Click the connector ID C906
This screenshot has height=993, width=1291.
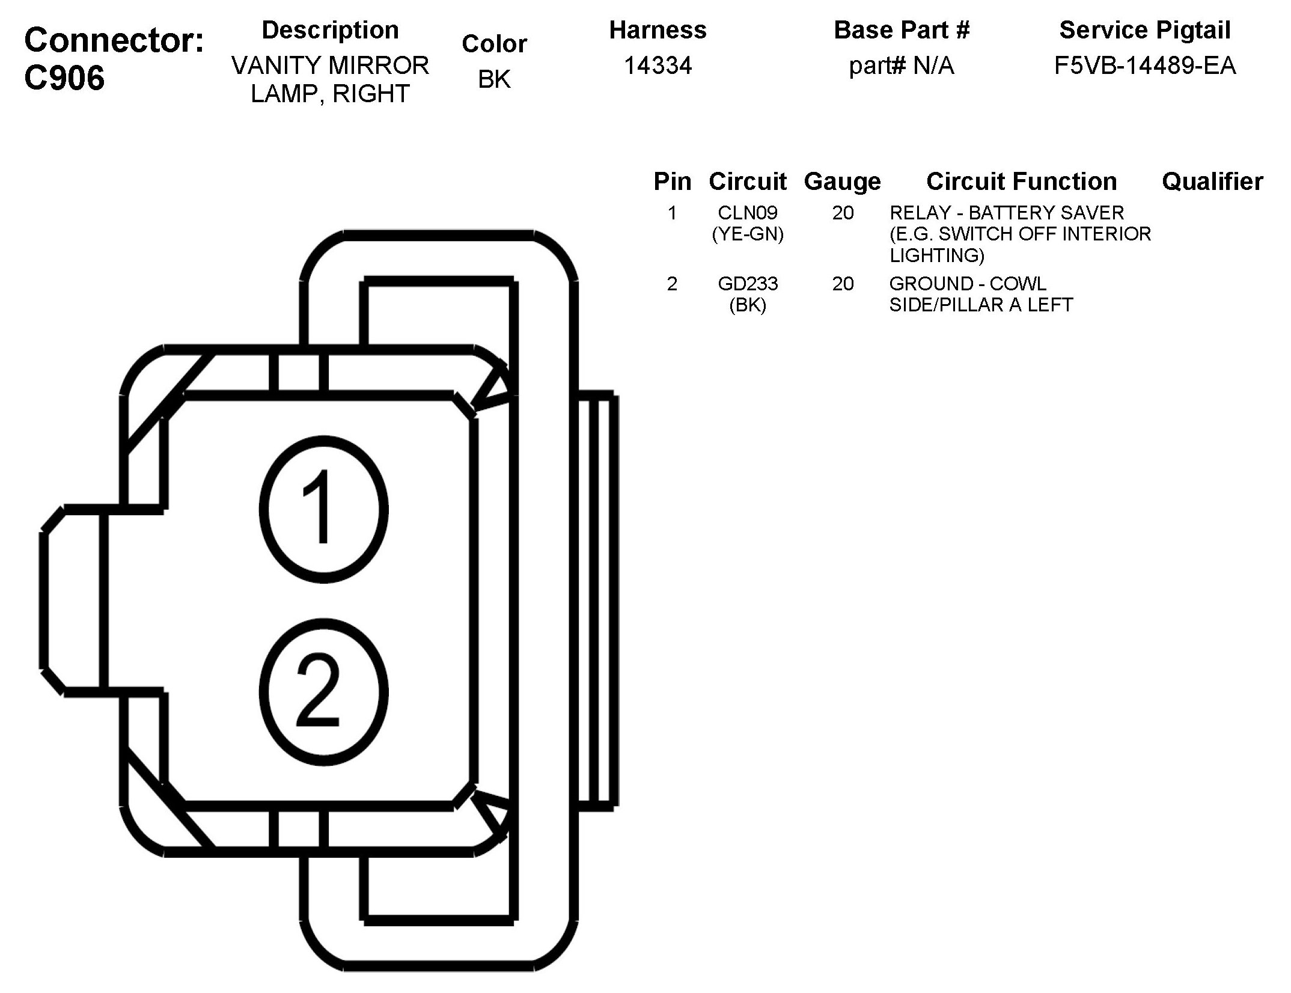(64, 79)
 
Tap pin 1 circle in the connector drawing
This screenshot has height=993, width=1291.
(323, 509)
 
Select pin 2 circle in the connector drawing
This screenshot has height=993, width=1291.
(323, 692)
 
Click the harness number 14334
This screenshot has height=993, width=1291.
(658, 66)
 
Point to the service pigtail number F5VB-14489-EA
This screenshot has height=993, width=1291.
(1144, 66)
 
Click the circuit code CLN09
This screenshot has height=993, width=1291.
(747, 213)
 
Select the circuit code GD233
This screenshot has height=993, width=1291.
(747, 283)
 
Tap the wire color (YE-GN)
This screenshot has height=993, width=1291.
(747, 234)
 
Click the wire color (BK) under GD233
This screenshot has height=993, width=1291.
(747, 305)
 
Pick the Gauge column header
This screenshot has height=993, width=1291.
(842, 182)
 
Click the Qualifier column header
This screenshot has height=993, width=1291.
(1212, 182)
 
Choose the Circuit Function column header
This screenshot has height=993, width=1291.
(1021, 182)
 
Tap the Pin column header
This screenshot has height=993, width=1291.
(672, 182)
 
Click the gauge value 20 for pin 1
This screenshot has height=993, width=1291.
(843, 213)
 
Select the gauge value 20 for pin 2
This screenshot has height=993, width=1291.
(843, 283)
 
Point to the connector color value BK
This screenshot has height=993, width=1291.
(494, 79)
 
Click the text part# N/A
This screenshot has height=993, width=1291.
(901, 66)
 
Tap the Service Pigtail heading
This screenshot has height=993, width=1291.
(1144, 30)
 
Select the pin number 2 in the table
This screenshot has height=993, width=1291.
(672, 283)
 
